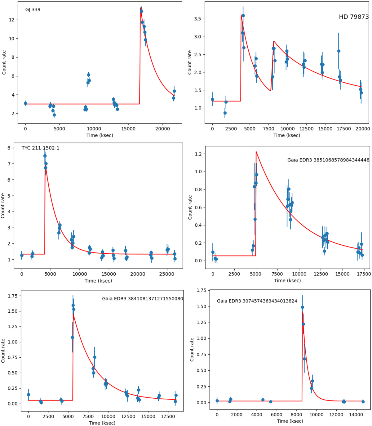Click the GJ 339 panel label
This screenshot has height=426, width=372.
coord(33,10)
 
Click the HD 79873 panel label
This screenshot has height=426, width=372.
coord(354,17)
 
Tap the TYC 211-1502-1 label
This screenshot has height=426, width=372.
coord(40,148)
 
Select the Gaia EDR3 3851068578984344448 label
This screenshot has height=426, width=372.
coord(328,160)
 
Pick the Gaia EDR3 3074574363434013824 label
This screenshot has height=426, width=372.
coord(257,301)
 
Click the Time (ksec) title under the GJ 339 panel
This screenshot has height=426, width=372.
coord(100,135)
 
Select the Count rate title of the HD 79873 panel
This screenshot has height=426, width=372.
coord(190,62)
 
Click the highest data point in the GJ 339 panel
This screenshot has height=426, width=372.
coord(141,11)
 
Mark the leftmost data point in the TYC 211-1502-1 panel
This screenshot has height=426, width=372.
coord(22,255)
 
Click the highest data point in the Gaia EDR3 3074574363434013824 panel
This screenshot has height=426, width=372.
coord(302,307)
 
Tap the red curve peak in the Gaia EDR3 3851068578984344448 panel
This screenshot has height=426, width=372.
coord(256,152)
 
